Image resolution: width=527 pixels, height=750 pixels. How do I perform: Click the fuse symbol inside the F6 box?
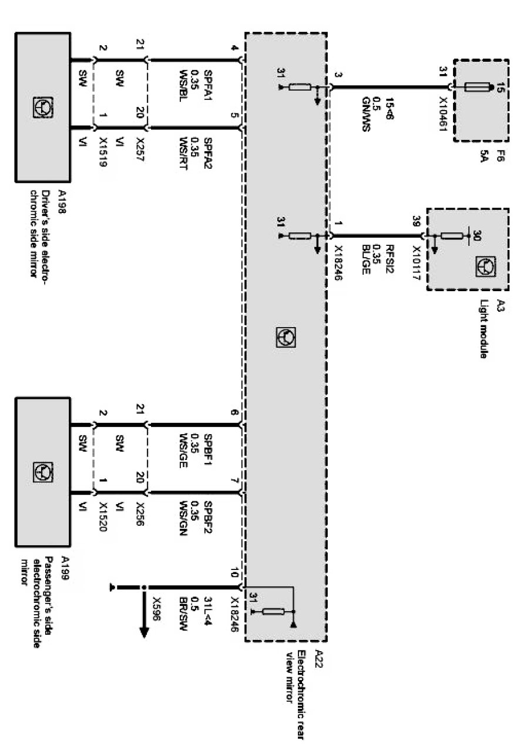coord(477,88)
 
